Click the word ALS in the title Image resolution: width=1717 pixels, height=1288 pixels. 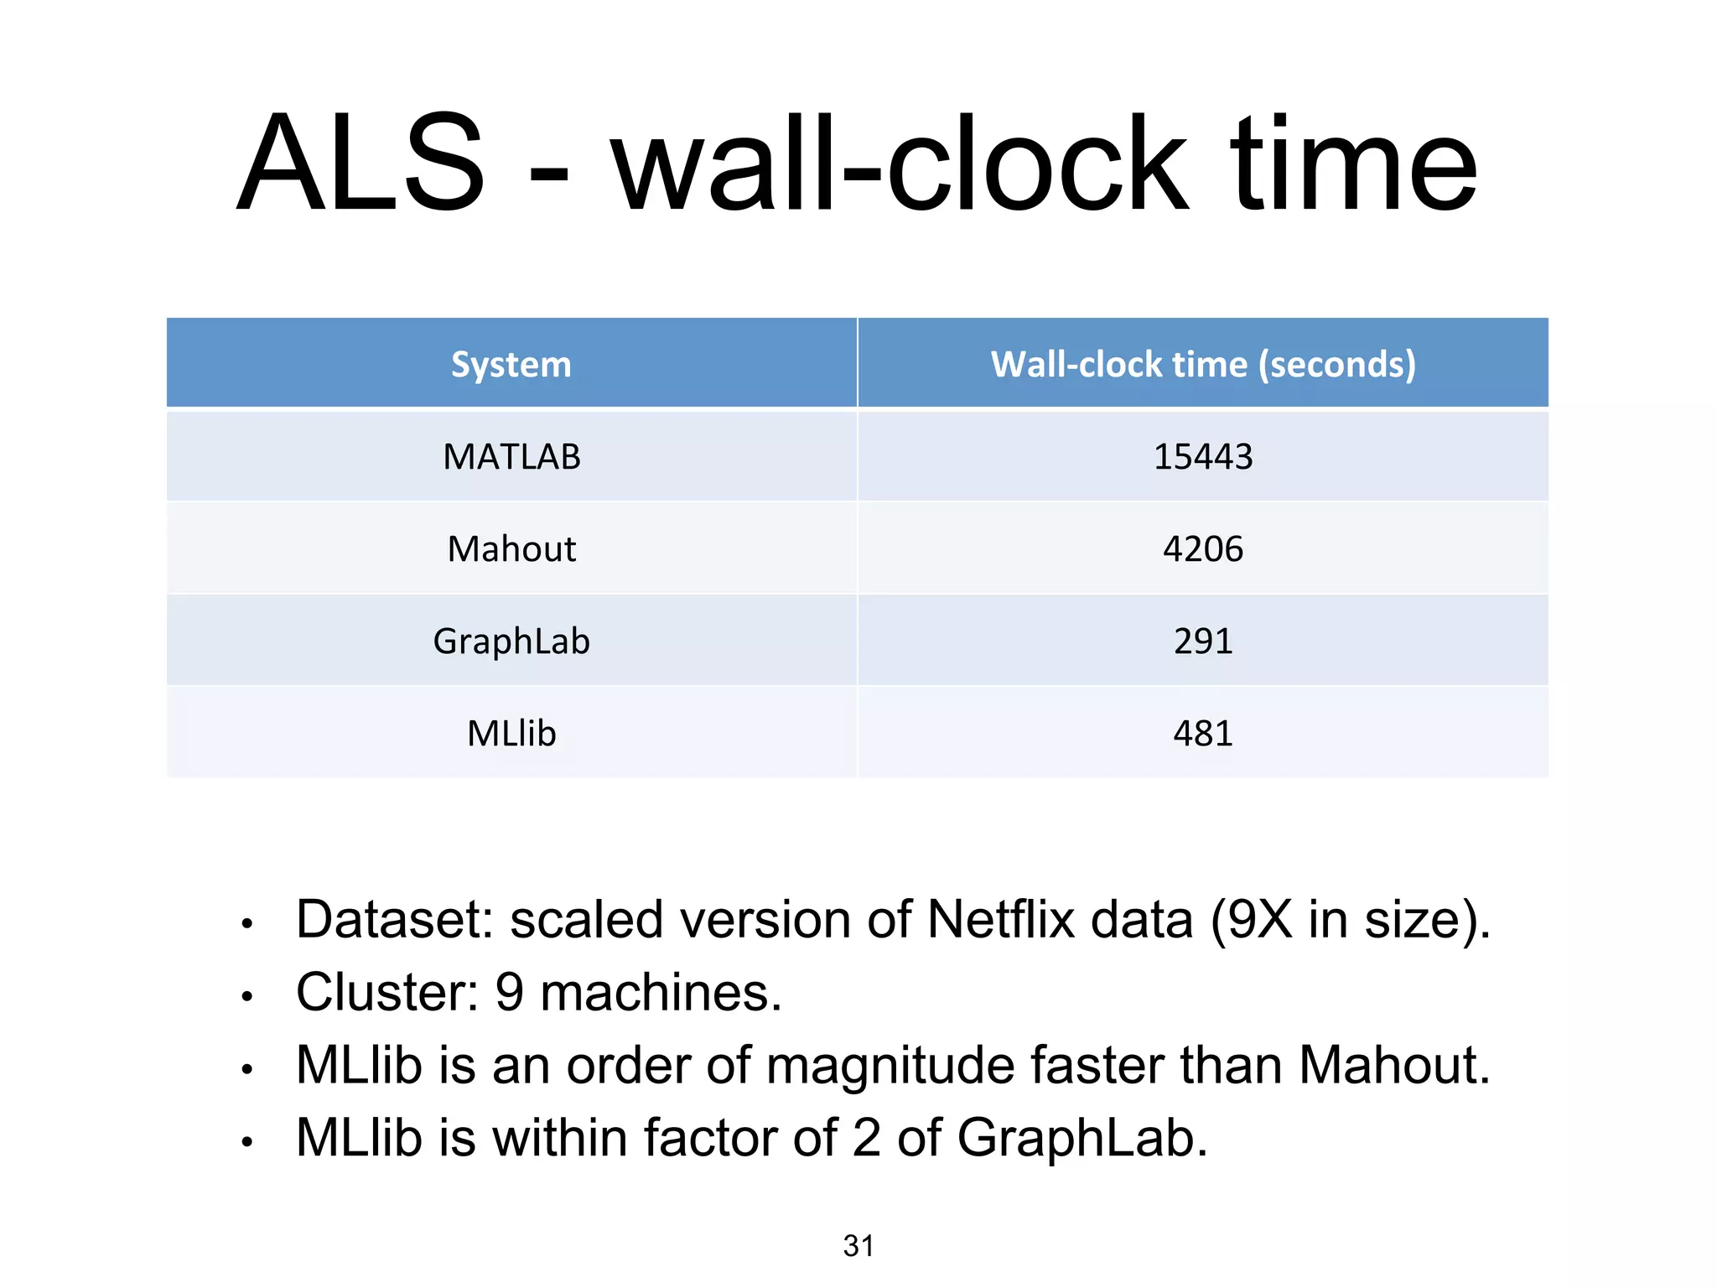(x=361, y=164)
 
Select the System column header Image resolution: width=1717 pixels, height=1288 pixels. (x=511, y=365)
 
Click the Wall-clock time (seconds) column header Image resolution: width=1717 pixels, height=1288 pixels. (x=1203, y=365)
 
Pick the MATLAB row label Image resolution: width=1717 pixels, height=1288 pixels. (x=511, y=457)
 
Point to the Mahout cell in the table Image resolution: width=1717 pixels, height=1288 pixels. (x=511, y=549)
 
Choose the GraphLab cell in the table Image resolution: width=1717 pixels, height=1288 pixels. (x=511, y=641)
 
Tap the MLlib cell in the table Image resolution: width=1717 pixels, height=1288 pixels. (x=511, y=734)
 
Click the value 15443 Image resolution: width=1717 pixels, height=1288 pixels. (x=1203, y=457)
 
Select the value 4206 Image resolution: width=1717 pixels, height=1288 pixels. (x=1203, y=549)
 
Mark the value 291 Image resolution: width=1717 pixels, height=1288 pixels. (x=1203, y=641)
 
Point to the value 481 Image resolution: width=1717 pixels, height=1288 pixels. (x=1203, y=734)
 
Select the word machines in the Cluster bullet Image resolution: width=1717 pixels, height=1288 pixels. (x=661, y=993)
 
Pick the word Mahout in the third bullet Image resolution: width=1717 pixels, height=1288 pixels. (x=1394, y=1066)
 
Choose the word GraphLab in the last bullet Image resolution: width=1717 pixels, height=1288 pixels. (x=1082, y=1139)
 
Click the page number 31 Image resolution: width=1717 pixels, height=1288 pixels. (x=858, y=1246)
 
